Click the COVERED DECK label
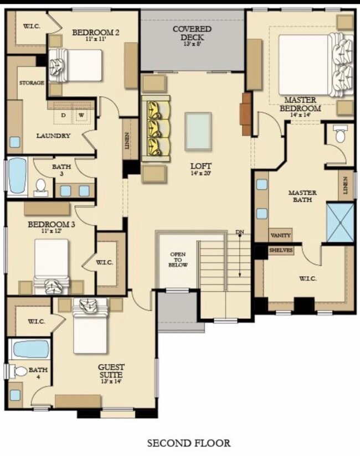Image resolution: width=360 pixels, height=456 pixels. point(192,32)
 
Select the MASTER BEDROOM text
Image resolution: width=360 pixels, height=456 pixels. point(300,104)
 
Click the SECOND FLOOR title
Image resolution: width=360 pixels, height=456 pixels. point(188,443)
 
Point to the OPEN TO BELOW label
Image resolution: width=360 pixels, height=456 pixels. point(177,260)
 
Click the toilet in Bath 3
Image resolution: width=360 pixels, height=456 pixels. point(41,187)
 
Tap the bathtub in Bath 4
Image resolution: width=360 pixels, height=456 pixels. point(30,349)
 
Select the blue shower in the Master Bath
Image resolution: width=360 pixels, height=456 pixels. point(340,222)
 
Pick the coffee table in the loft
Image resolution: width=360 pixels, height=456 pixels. point(198,131)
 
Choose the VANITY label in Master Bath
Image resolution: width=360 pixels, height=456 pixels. point(280,236)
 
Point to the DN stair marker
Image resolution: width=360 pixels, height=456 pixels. point(240,232)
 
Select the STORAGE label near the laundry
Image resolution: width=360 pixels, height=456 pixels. point(32,83)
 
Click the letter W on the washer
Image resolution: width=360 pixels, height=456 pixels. point(81,115)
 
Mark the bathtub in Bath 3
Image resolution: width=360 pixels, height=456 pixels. point(18,175)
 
